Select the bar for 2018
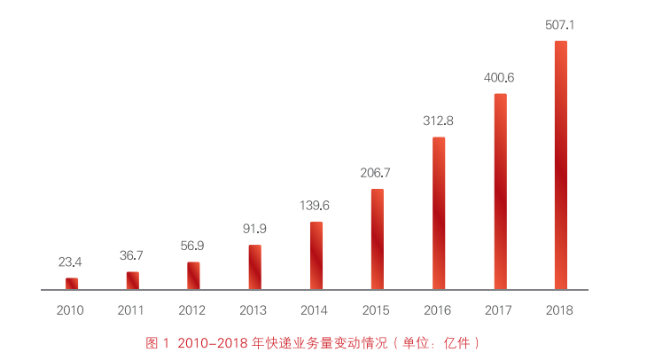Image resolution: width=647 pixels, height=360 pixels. coord(560,165)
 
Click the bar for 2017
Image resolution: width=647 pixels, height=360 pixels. coord(500,192)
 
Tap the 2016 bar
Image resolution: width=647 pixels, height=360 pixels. coord(439,213)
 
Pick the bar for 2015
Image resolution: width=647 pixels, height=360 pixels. coord(378,239)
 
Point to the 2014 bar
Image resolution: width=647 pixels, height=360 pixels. coord(316,255)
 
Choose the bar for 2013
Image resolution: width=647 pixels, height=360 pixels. coord(255,267)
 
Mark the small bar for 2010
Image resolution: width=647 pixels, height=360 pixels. coord(72,284)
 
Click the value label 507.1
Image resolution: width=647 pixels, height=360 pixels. coord(560,25)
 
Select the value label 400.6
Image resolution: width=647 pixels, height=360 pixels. coord(499,77)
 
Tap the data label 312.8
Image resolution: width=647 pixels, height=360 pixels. coord(438,121)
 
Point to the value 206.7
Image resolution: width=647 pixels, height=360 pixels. coord(377,173)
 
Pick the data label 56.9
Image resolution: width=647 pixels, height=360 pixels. coord(193,246)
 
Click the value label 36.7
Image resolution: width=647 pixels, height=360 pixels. coord(132,255)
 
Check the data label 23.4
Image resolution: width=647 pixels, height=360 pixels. coord(71,262)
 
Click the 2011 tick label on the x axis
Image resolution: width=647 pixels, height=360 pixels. coord(131,310)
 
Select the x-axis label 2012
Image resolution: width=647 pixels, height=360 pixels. coord(192,310)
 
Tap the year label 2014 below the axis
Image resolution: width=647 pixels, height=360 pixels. coord(315,310)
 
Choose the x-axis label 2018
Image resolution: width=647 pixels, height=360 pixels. coord(559,310)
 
